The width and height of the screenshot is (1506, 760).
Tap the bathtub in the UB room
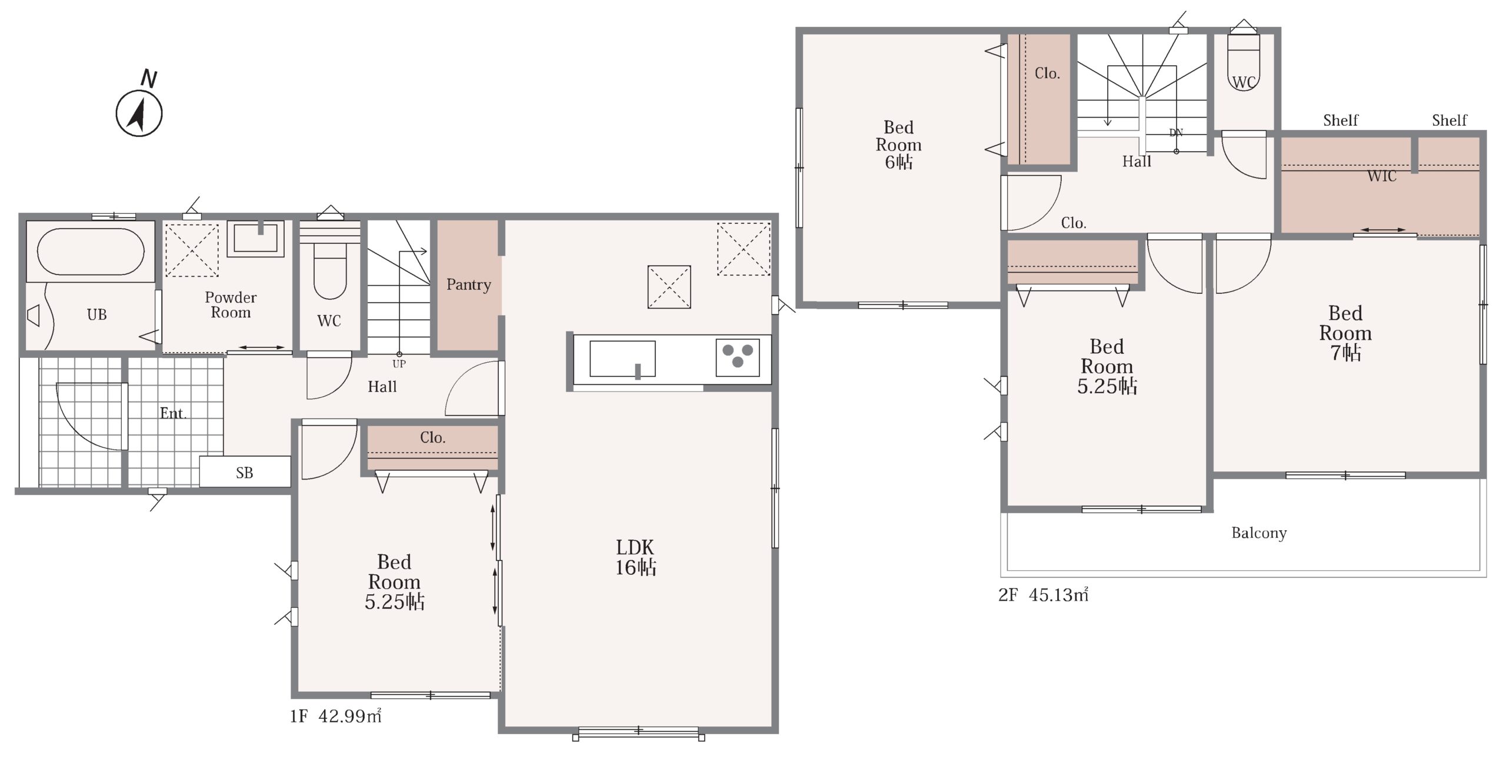pyautogui.click(x=90, y=252)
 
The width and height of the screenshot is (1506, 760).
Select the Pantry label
pyautogui.click(x=468, y=285)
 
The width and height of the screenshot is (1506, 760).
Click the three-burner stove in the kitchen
pyautogui.click(x=738, y=357)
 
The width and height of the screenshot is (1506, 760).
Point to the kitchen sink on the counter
pyautogui.click(x=622, y=359)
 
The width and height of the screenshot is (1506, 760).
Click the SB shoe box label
pyautogui.click(x=245, y=473)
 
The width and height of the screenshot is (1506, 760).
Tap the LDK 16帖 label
pyautogui.click(x=635, y=557)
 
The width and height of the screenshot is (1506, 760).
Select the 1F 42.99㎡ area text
pyautogui.click(x=335, y=716)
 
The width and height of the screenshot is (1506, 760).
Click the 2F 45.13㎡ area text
pyautogui.click(x=1043, y=595)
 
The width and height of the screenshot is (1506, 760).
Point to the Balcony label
pyautogui.click(x=1259, y=533)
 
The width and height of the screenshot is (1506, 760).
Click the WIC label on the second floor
pyautogui.click(x=1381, y=176)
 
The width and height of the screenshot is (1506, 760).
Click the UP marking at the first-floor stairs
pyautogui.click(x=399, y=364)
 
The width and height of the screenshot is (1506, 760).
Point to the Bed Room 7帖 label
pyautogui.click(x=1345, y=333)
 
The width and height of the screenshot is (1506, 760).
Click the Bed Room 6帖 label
pyautogui.click(x=898, y=145)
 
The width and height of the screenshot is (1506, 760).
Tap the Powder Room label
pyautogui.click(x=231, y=305)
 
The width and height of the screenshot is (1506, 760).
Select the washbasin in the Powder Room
pyautogui.click(x=256, y=238)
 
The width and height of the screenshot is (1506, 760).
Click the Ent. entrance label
pyautogui.click(x=173, y=413)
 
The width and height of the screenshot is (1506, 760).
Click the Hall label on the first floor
pyautogui.click(x=382, y=387)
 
